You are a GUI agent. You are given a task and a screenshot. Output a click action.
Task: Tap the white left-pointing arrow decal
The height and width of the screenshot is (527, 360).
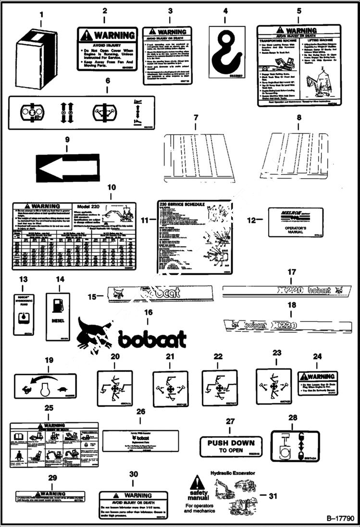tap(67, 168)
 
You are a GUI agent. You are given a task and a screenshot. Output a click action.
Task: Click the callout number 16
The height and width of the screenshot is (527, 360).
tap(149, 312)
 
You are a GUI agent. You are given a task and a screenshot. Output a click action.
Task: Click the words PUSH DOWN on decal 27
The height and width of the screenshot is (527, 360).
tap(231, 442)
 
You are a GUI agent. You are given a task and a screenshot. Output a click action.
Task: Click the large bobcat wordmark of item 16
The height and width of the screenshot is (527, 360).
tap(152, 339)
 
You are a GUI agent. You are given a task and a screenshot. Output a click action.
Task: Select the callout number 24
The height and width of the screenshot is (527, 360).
tap(317, 356)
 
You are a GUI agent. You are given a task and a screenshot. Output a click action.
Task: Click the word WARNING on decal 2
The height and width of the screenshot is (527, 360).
tap(114, 35)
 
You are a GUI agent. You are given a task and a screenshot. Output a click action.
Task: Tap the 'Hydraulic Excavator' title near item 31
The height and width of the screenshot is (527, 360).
tap(233, 473)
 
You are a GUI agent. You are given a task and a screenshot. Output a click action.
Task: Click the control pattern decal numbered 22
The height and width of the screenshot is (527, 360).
tap(219, 387)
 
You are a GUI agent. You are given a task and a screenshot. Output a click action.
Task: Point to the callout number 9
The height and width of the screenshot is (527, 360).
tap(67, 140)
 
